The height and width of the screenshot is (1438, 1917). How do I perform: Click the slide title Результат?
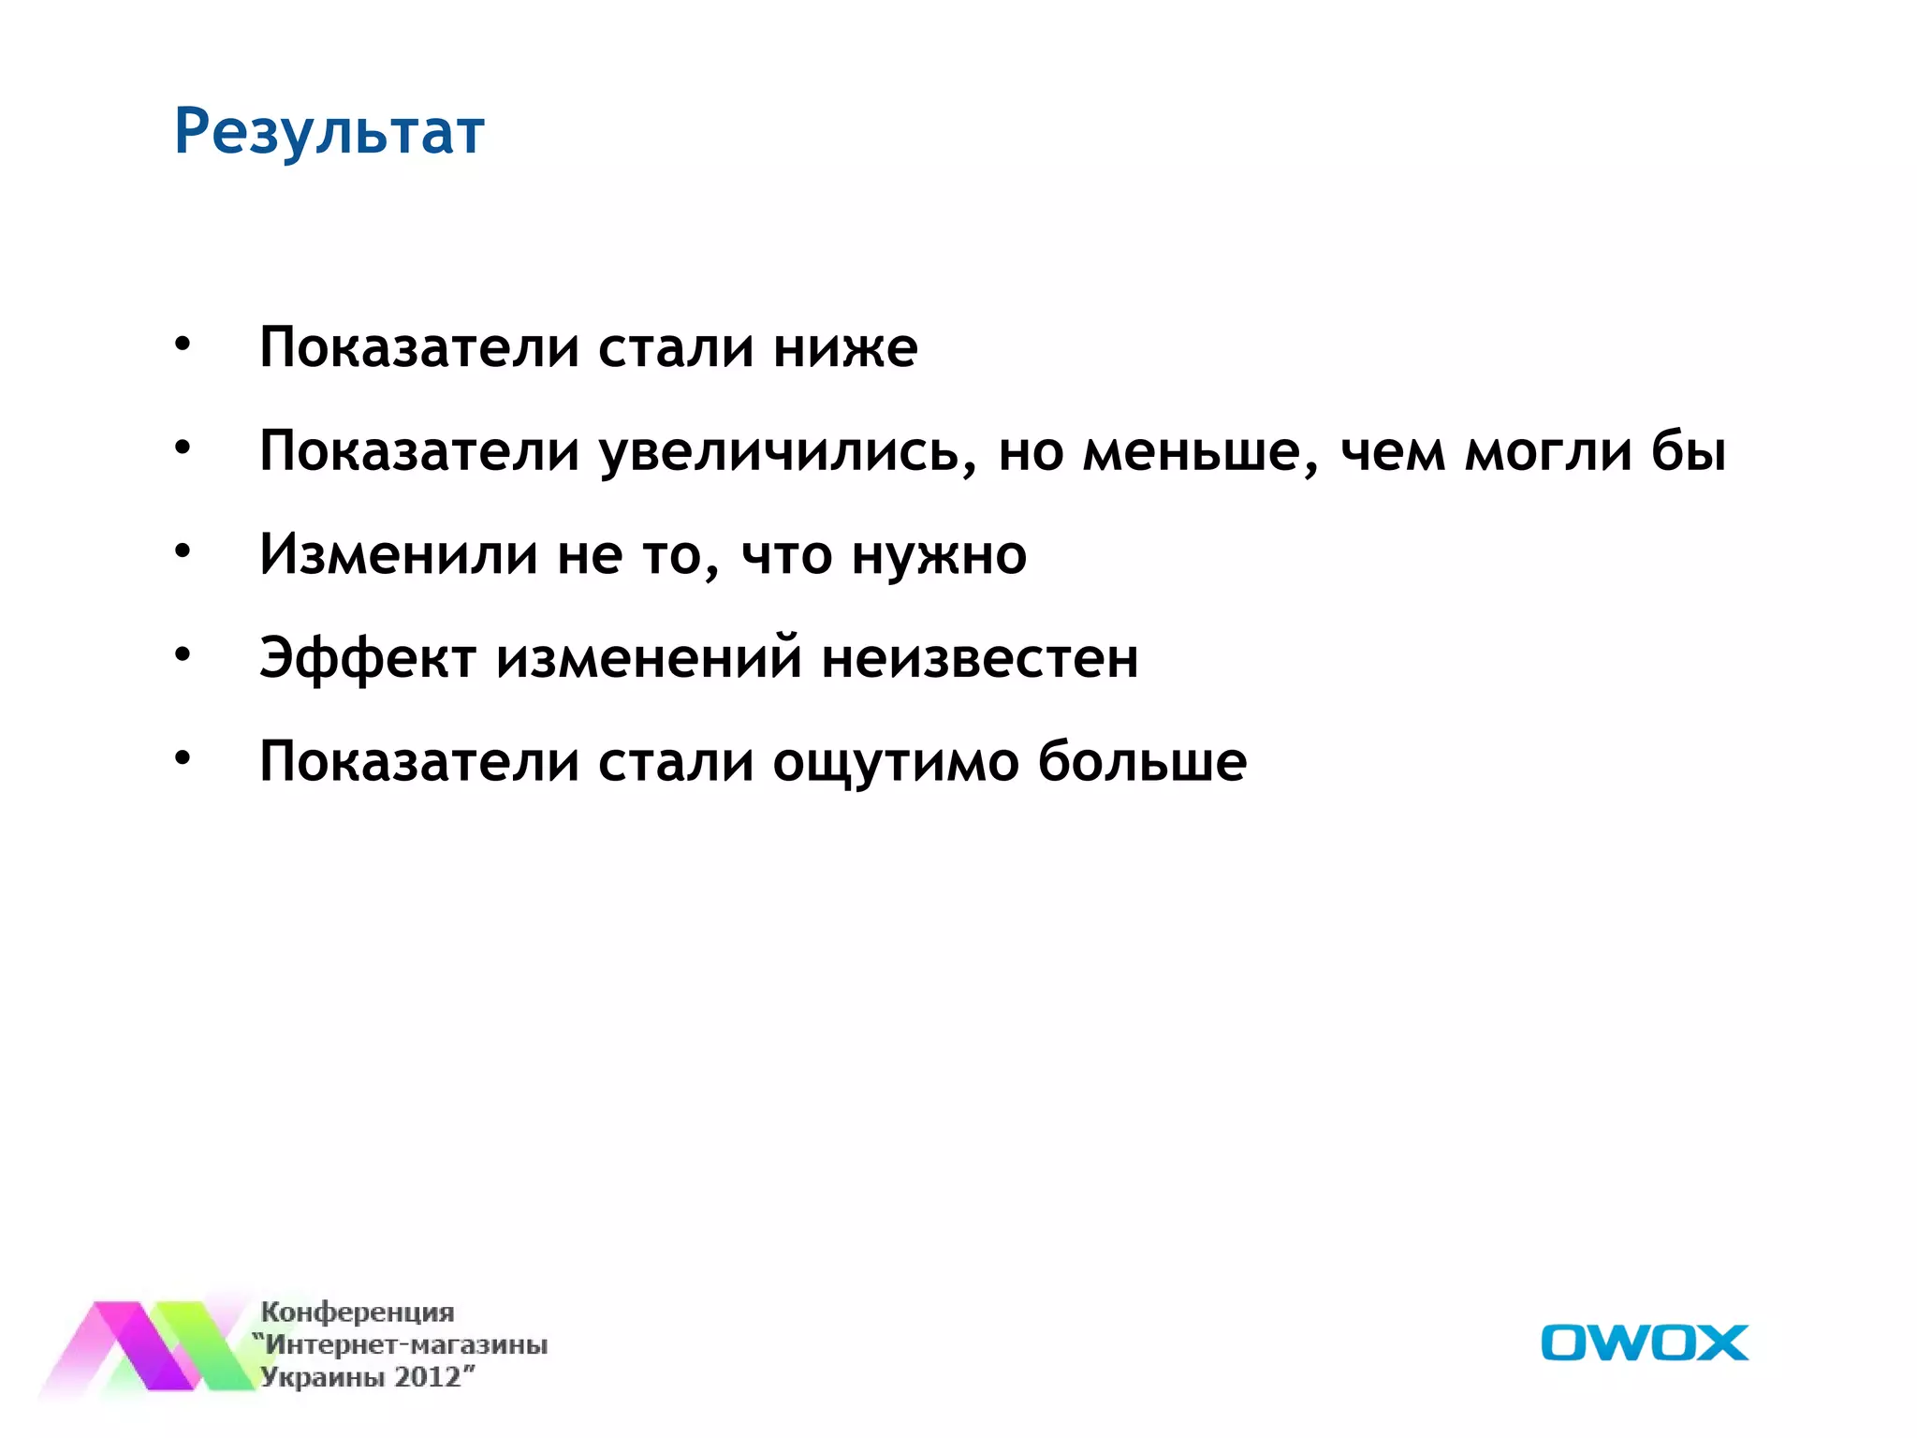329,131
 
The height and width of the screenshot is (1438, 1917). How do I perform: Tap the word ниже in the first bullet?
845,348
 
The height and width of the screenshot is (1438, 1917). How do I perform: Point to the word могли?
1548,451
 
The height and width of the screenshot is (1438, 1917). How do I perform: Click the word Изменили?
399,554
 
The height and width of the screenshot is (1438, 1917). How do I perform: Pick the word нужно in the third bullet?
939,556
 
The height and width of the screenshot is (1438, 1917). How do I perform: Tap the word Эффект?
368,658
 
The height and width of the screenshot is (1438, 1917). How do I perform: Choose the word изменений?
649,658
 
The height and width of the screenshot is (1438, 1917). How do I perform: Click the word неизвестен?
980,658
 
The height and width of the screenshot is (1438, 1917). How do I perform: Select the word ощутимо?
896,762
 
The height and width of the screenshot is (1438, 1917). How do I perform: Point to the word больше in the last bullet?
1142,760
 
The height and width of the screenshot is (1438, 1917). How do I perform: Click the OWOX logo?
1644,1343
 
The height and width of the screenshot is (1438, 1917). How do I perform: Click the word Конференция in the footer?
358,1312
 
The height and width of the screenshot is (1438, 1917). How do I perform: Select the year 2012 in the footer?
428,1377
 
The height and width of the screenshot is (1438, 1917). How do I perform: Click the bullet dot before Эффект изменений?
183,654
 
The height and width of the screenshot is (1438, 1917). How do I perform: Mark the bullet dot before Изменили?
183,550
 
